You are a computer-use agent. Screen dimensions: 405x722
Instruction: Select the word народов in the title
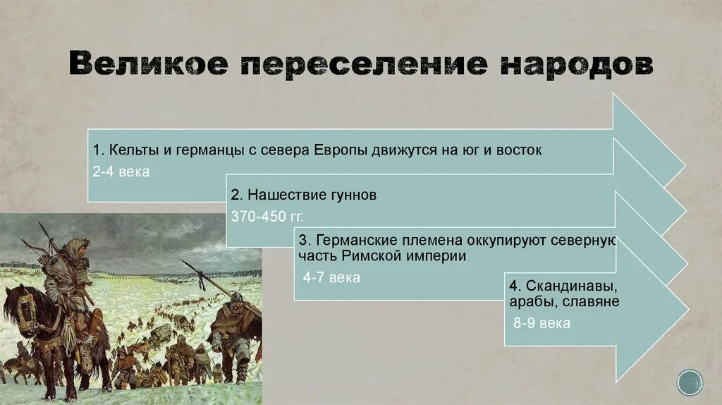coord(577,64)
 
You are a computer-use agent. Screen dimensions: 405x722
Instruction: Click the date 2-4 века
coord(121,172)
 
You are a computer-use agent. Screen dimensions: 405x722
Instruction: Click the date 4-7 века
coord(331,278)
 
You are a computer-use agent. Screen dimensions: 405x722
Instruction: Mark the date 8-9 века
coord(541,324)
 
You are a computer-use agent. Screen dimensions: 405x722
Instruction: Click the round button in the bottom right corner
coord(690,382)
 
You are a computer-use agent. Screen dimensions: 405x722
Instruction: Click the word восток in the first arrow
coord(520,150)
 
